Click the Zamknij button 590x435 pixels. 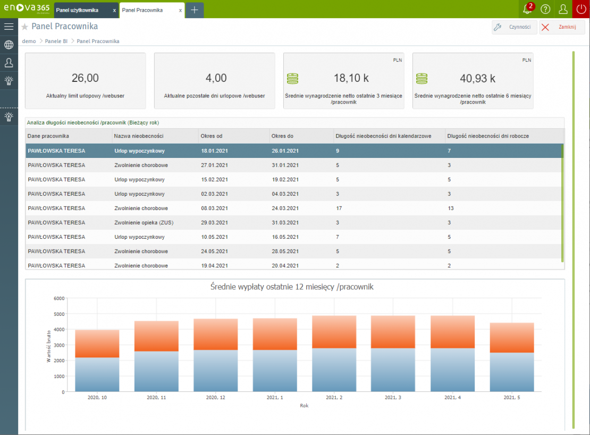pyautogui.click(x=562, y=28)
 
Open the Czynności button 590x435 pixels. pyautogui.click(x=515, y=28)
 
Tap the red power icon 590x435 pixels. pyautogui.click(x=581, y=9)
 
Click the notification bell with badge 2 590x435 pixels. pyautogui.click(x=527, y=9)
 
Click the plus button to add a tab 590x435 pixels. pyautogui.click(x=195, y=10)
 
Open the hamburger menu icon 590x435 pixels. pyautogui.click(x=9, y=27)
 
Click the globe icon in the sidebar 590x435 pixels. pyautogui.click(x=9, y=45)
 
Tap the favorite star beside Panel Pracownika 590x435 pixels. pyautogui.click(x=24, y=27)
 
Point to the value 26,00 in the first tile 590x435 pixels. pyautogui.click(x=85, y=78)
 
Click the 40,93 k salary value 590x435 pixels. pyautogui.click(x=477, y=79)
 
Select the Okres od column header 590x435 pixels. pyautogui.click(x=211, y=136)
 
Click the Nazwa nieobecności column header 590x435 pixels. pyautogui.click(x=139, y=136)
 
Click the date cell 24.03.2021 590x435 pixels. pyautogui.click(x=285, y=208)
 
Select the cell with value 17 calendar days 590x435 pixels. pyautogui.click(x=339, y=208)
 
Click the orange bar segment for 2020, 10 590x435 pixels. pyautogui.click(x=97, y=344)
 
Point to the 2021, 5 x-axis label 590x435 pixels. pyautogui.click(x=512, y=398)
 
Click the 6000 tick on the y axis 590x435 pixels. pyautogui.click(x=58, y=298)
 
